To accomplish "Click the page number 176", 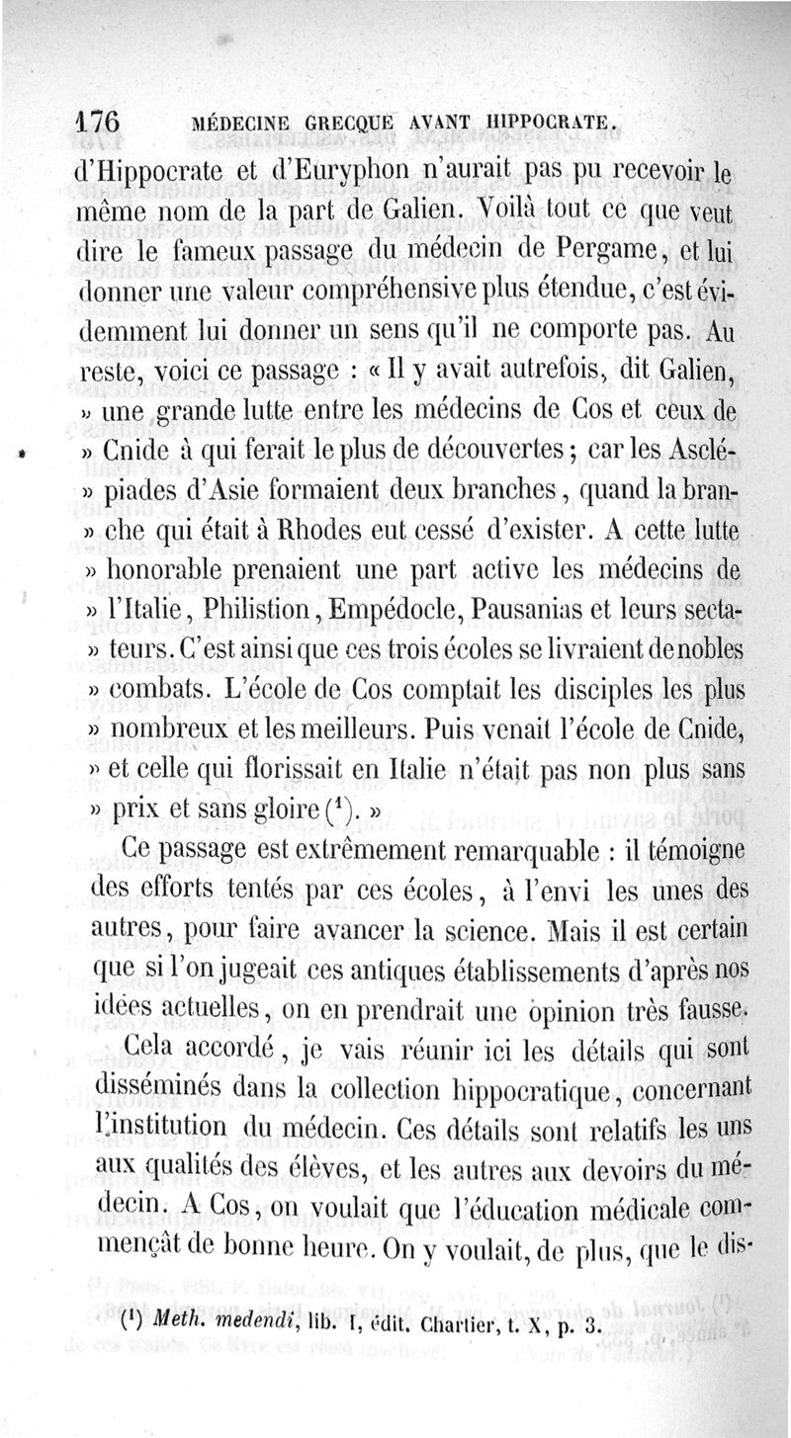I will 98,123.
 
